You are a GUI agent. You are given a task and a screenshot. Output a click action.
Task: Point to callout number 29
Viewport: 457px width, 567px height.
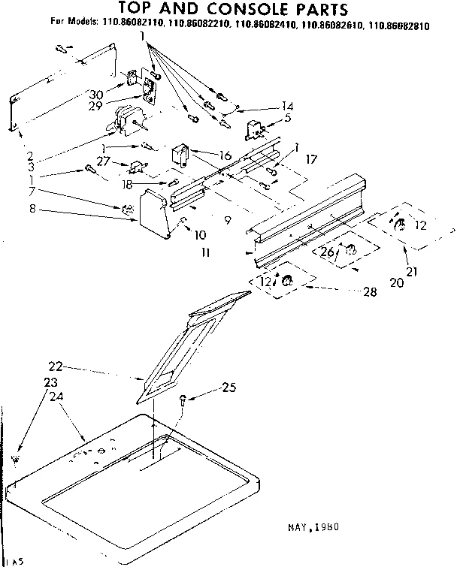(x=94, y=107)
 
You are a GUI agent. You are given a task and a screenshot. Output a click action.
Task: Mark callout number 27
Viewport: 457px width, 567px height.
(x=103, y=160)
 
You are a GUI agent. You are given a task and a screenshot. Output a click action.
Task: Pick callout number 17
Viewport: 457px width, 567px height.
(x=310, y=159)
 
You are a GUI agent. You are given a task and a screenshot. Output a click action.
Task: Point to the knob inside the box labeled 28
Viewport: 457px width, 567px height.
(x=286, y=281)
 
